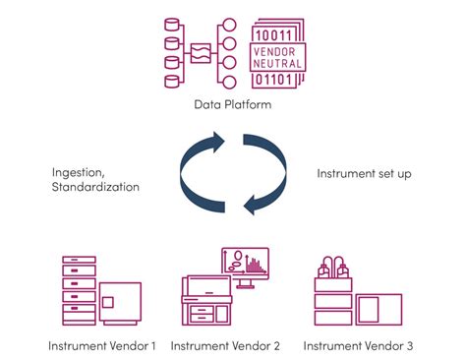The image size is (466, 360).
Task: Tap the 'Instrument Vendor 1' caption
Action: (102, 345)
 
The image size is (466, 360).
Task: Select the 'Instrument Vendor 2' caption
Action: (225, 345)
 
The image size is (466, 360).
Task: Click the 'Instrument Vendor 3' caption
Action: (358, 345)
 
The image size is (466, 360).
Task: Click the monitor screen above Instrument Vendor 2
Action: (245, 263)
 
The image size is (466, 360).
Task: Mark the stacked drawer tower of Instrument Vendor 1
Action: (78, 290)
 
